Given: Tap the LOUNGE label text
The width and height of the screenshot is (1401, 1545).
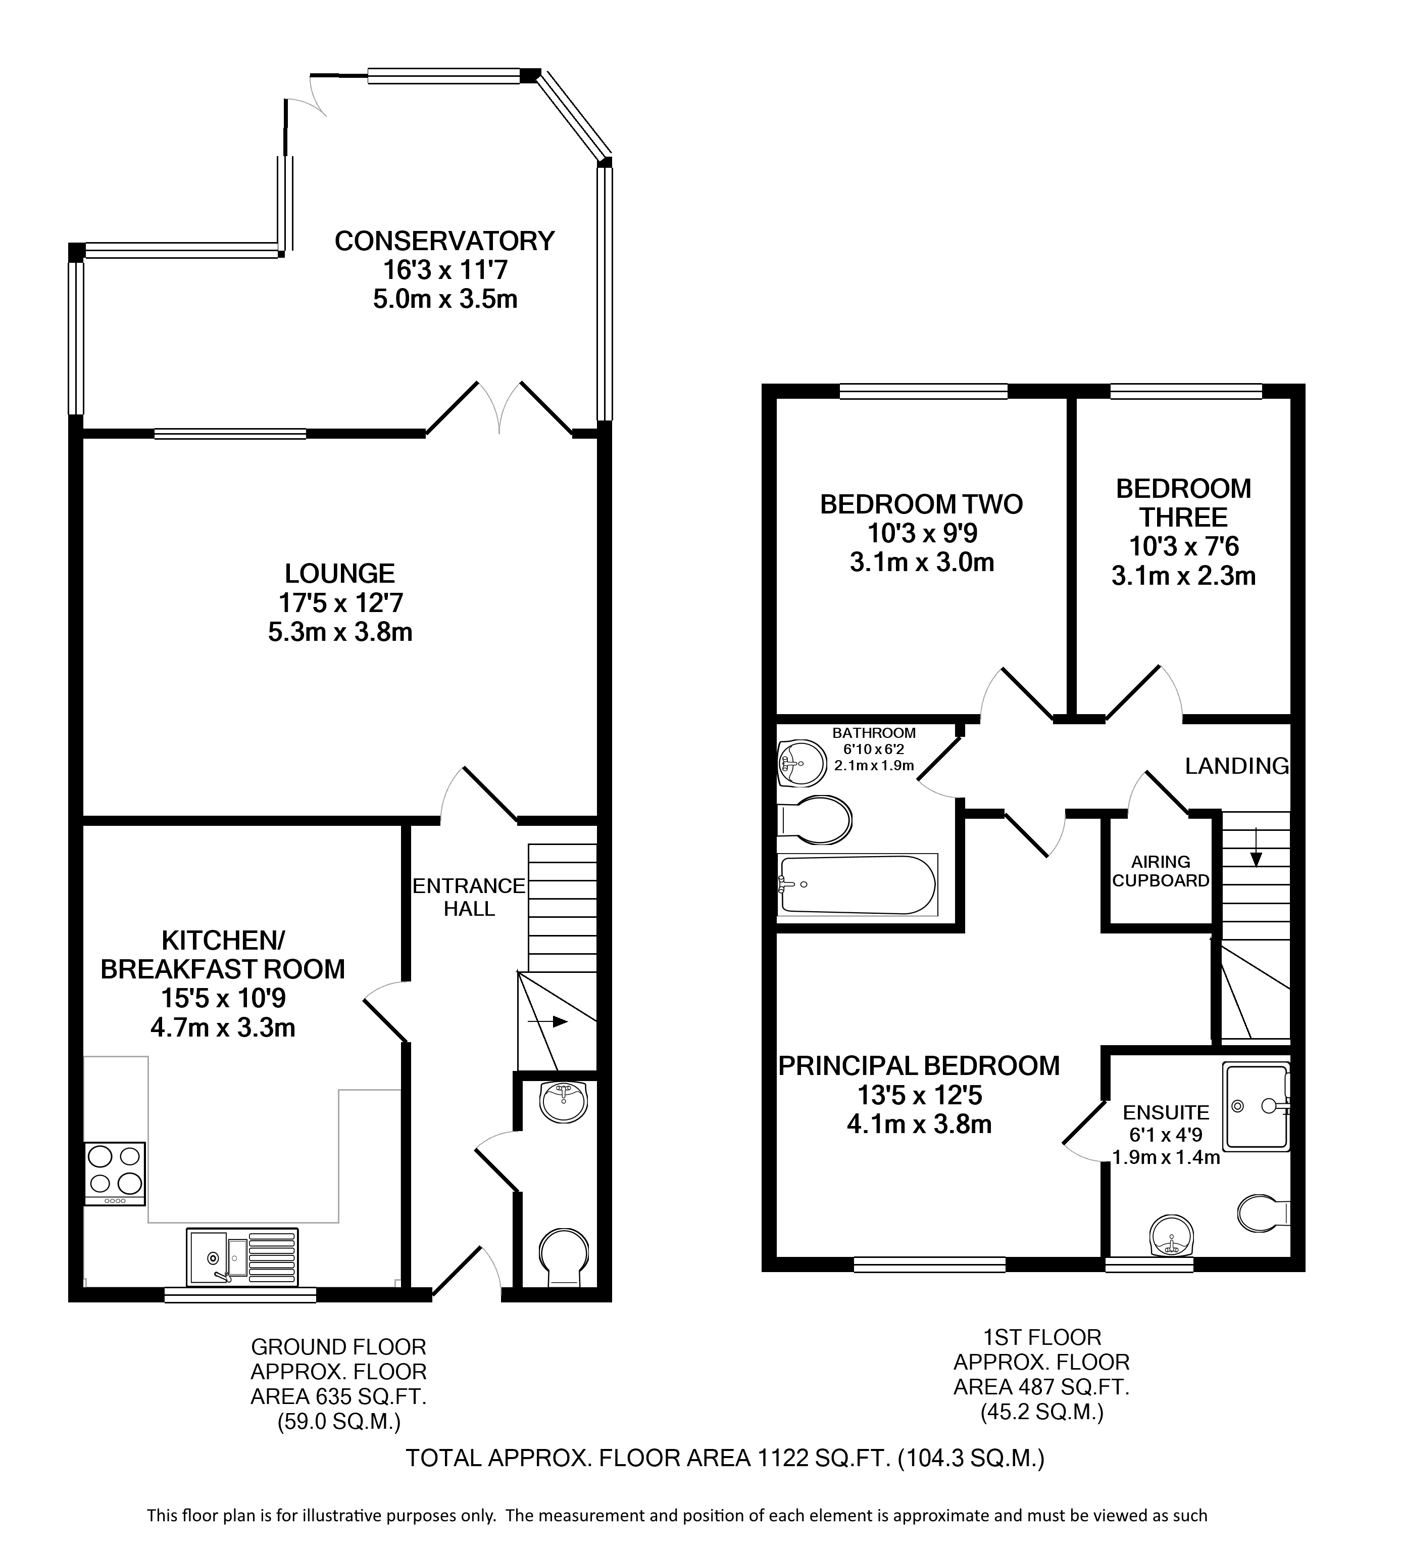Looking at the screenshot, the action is (x=339, y=573).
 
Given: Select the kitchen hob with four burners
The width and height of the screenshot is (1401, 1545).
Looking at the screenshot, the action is (x=114, y=1174).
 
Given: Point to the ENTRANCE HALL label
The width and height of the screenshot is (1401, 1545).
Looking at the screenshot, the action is (x=469, y=898).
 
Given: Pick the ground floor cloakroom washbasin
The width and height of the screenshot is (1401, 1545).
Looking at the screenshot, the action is (x=565, y=1102).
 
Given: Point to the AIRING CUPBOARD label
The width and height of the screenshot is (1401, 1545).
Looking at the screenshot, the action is (x=1161, y=871).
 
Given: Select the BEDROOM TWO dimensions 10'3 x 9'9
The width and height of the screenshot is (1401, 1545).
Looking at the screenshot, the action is (x=922, y=533).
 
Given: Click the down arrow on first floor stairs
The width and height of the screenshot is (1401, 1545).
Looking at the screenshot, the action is (x=1256, y=847).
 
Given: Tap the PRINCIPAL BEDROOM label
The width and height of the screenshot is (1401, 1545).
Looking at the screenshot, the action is (x=919, y=1066).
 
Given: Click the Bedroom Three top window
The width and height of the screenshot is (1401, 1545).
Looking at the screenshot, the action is (x=1186, y=392).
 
